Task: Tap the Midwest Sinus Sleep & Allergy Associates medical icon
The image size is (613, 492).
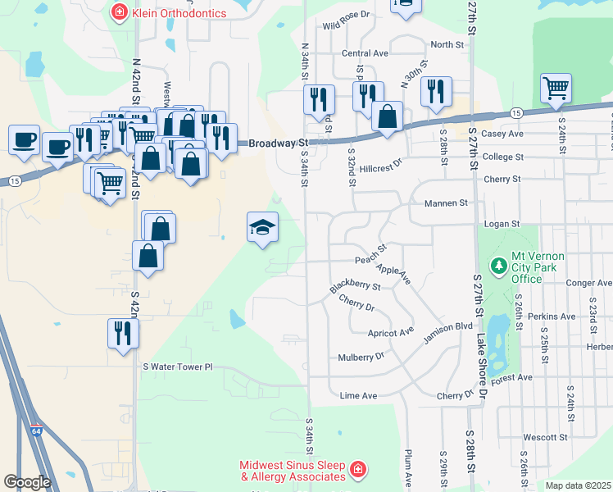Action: coord(357,470)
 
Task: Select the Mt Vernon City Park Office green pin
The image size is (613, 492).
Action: coord(497,266)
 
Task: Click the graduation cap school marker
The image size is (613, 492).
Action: coord(263,227)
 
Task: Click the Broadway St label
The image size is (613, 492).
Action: coord(271,143)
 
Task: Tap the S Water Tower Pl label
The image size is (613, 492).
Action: coord(178,367)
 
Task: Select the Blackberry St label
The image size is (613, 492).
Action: coord(355,287)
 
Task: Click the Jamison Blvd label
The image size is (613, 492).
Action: coord(448,326)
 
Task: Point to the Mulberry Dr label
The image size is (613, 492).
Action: coord(361,357)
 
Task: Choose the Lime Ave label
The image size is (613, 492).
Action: coord(358,395)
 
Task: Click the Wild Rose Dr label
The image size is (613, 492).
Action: coord(347,15)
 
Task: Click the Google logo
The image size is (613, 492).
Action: coord(27,481)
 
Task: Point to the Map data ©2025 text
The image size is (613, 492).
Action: coord(577,485)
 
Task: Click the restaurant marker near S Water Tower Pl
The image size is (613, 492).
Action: coord(124,333)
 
